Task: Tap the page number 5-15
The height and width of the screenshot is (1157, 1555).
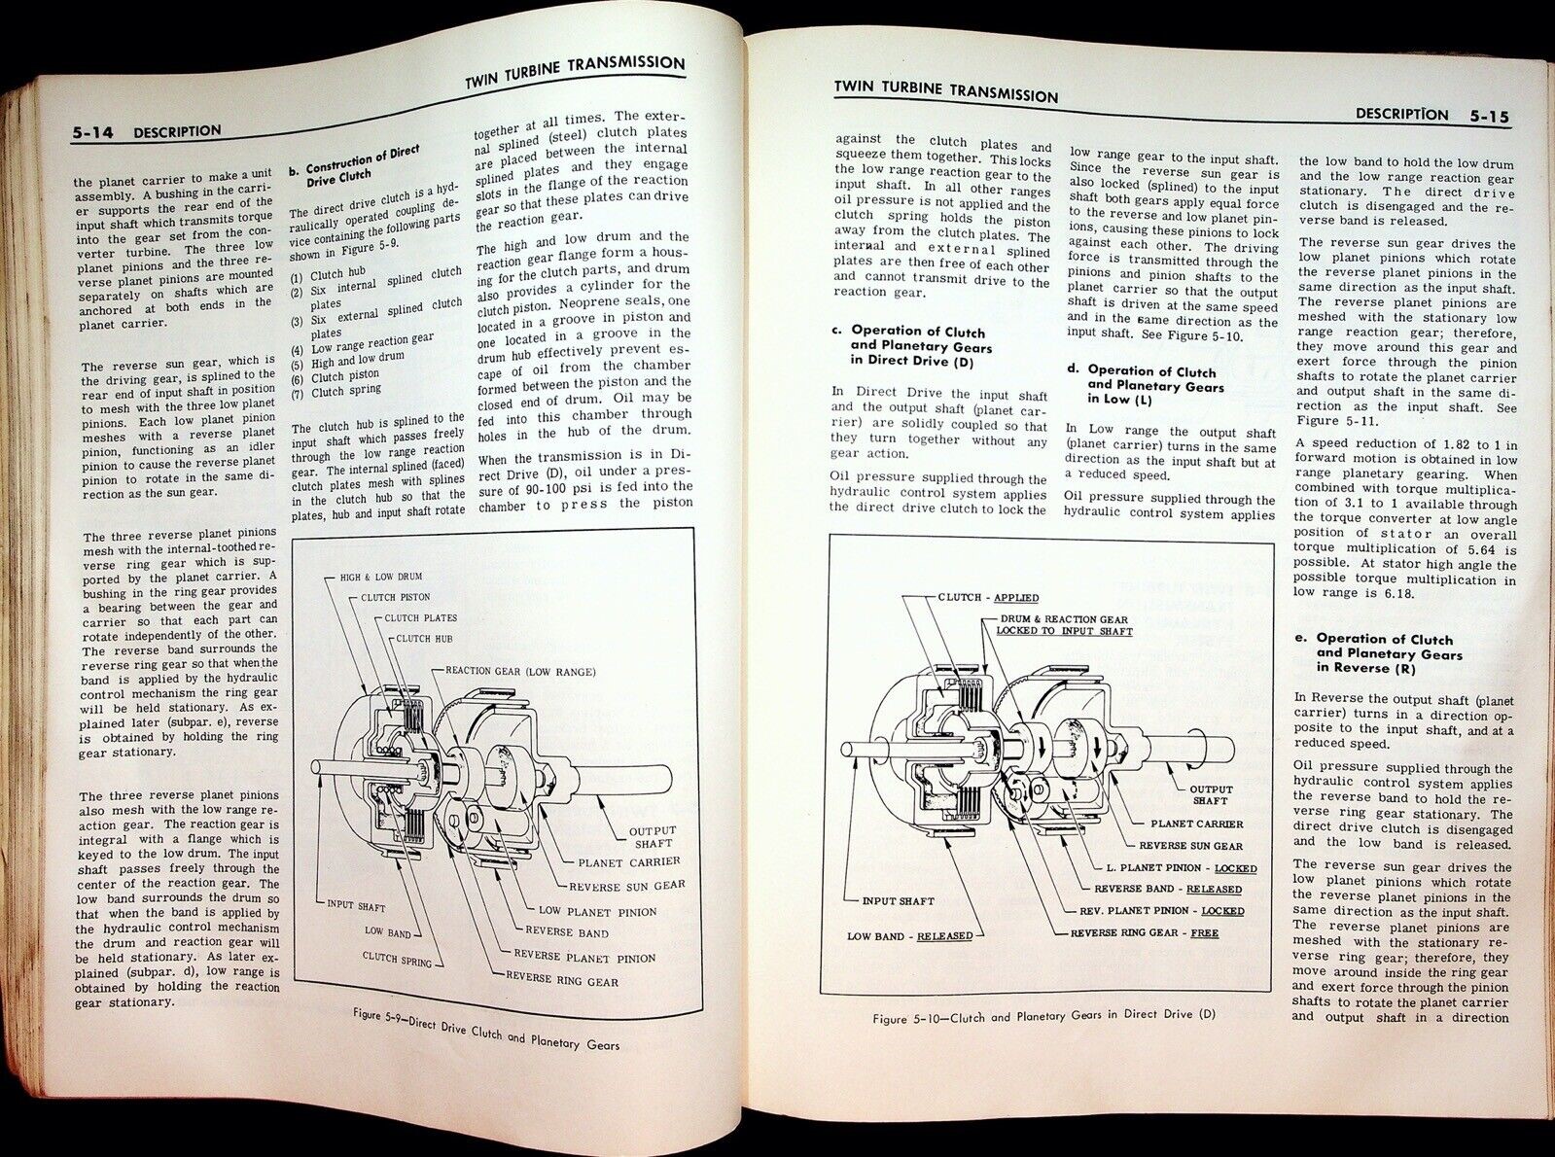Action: [1489, 116]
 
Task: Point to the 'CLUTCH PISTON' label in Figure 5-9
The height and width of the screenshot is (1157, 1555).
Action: [395, 597]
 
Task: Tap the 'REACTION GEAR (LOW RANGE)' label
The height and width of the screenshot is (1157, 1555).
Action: [520, 671]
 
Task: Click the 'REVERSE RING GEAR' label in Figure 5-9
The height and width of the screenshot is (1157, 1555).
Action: [561, 980]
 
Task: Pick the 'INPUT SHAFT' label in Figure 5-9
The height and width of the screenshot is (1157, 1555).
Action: [356, 906]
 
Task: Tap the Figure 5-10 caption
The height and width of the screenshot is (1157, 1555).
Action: [1043, 1016]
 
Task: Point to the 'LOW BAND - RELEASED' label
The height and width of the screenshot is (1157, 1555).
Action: [910, 935]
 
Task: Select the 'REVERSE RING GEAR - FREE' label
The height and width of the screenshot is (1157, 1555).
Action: [1145, 932]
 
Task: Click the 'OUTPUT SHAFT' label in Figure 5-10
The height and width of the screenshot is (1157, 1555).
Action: [1211, 794]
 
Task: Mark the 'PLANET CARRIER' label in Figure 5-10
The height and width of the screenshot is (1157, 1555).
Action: [1196, 824]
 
